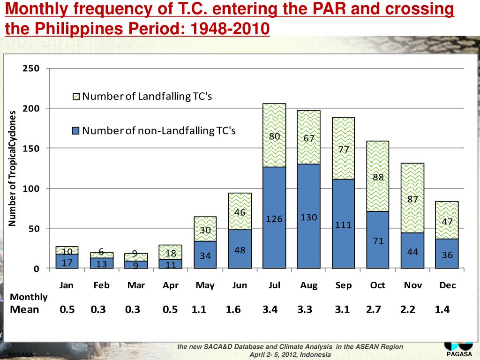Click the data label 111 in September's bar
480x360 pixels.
[344, 225]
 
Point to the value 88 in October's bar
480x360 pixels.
[378, 177]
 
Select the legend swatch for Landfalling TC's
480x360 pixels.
[76, 97]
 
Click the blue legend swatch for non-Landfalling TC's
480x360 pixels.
[76, 131]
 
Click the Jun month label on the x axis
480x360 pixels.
[240, 285]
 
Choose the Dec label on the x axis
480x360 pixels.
[447, 285]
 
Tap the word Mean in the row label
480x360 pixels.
[25, 309]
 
